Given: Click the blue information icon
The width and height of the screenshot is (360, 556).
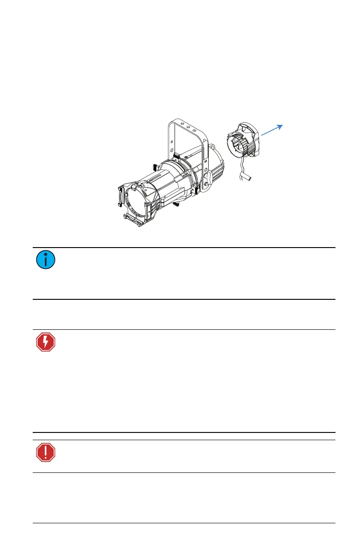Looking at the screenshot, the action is pyautogui.click(x=45, y=259).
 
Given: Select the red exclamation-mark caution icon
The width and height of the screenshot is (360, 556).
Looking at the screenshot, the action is pyautogui.click(x=45, y=452).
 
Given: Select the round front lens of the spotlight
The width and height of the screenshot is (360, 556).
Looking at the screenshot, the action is pyautogui.click(x=137, y=200).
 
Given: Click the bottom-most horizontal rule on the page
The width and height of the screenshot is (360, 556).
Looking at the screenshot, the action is pyautogui.click(x=184, y=523).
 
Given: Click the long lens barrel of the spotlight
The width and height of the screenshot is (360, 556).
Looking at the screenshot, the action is pyautogui.click(x=168, y=186).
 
